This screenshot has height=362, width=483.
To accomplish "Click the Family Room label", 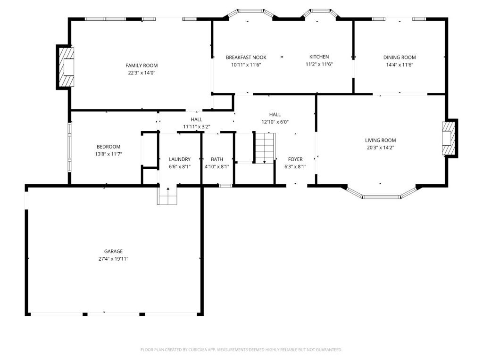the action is point(142,65).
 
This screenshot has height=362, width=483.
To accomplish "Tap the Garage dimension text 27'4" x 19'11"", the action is point(113,259).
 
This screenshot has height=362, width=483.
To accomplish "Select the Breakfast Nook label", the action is point(246,57).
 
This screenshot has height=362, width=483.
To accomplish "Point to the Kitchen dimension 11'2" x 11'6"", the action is point(319,64).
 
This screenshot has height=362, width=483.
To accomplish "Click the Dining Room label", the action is point(400,57).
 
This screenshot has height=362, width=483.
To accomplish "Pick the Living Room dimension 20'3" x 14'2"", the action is point(381,148).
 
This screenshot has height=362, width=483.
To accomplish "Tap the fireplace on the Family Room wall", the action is point(65,67).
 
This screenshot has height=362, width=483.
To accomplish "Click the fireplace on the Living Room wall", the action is point(450,138).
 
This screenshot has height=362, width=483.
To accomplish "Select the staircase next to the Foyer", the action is point(265,148).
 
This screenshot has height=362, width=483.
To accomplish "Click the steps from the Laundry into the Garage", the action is point(167,196).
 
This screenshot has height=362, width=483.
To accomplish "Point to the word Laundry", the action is point(180,159).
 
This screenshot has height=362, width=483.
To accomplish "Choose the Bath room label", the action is point(217,159).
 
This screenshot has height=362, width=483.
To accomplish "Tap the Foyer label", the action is point(295,159).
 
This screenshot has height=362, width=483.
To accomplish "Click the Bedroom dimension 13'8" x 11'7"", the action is point(108,154).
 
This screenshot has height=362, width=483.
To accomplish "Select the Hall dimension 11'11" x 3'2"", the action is point(197,126).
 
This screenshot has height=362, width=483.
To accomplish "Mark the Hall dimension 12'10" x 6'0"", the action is point(275,122).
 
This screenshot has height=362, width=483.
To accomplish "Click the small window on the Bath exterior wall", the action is point(225,186).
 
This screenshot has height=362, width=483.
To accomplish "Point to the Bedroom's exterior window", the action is point(70,148).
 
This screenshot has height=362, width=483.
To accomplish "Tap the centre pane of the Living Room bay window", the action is point(381,197).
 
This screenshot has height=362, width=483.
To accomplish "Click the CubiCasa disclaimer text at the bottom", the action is point(241,350).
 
